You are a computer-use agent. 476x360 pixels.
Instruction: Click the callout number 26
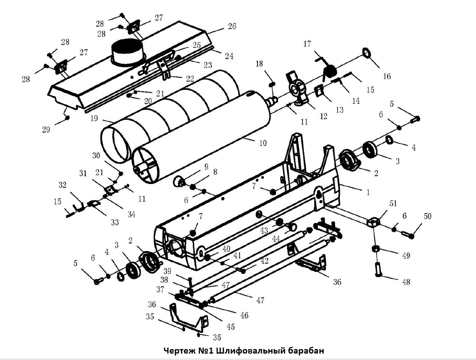(x=231, y=26)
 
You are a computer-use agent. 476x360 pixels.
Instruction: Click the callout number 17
(x=307, y=44)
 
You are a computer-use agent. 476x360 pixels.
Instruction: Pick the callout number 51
(x=393, y=204)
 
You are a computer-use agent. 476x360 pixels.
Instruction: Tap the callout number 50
(x=427, y=216)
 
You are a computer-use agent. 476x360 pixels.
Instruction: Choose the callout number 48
(x=406, y=282)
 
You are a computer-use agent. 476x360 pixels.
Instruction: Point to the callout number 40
(x=226, y=248)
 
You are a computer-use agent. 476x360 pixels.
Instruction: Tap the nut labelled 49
(x=375, y=249)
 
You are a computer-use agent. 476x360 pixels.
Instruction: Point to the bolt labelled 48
(x=379, y=270)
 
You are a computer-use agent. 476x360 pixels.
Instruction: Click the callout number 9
(x=206, y=166)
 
